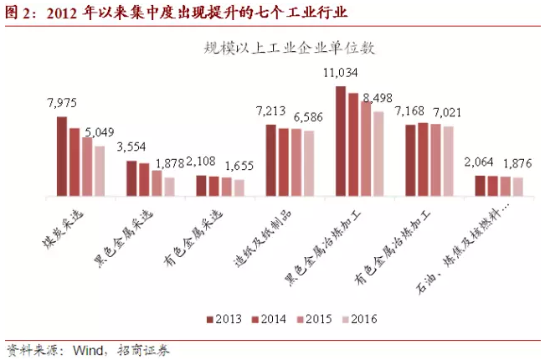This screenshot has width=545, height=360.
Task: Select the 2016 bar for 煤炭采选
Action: [100, 172]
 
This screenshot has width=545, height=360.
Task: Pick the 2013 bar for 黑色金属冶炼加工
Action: [341, 141]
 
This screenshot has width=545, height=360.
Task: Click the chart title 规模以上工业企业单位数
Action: [288, 47]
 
